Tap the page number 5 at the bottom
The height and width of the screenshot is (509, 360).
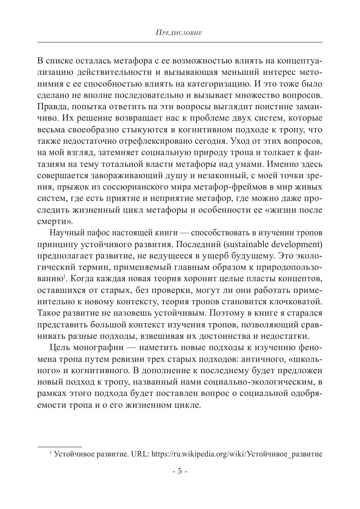tap(180, 471)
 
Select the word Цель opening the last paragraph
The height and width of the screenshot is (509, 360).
tap(59, 348)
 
